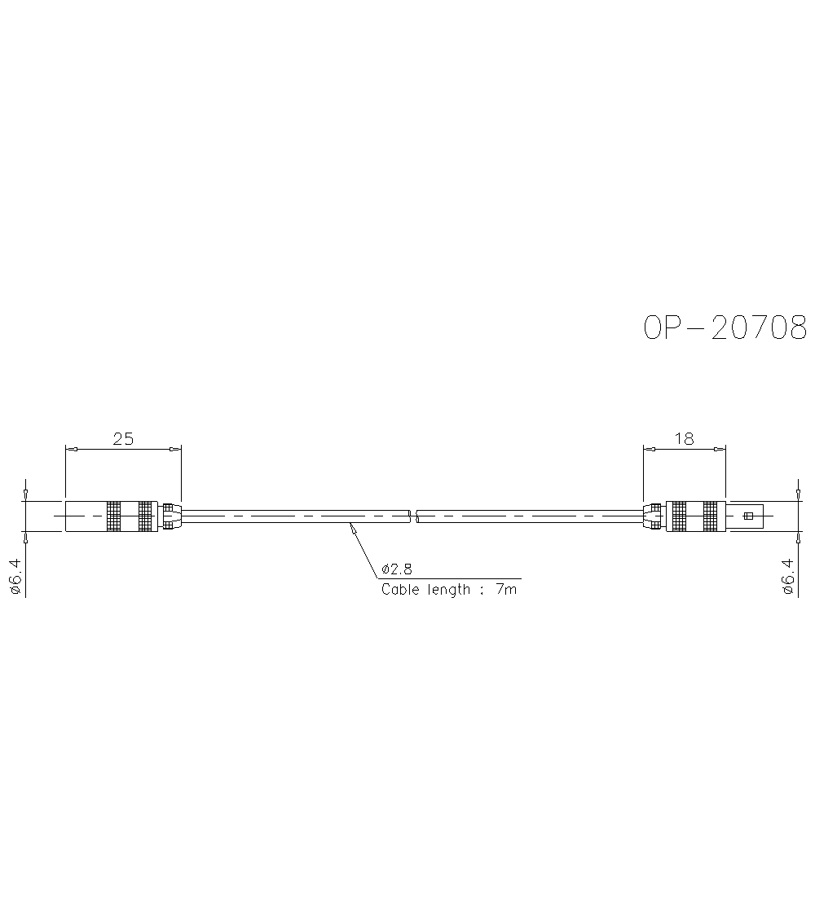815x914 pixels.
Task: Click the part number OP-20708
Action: pos(725,327)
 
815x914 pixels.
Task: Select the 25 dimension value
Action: pos(123,439)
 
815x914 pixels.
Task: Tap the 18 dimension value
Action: pos(685,439)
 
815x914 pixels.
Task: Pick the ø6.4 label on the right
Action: pos(787,578)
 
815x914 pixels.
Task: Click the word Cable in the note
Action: pos(399,589)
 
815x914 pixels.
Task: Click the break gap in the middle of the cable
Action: pos(412,516)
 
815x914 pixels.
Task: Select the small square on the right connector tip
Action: pos(748,516)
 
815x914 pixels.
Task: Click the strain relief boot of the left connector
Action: pos(170,516)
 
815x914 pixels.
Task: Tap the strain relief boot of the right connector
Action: pos(654,516)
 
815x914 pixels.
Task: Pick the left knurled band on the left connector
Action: pos(113,516)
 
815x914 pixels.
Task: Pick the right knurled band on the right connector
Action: pos(710,516)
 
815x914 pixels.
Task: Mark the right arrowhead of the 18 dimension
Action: pos(720,449)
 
